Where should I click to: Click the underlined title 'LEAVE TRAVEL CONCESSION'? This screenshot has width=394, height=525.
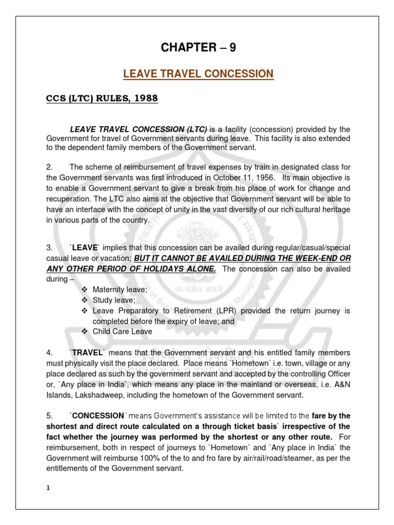(x=199, y=74)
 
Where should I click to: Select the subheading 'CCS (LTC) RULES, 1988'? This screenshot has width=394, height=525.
(x=100, y=98)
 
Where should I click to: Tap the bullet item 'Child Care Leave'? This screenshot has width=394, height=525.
(x=122, y=332)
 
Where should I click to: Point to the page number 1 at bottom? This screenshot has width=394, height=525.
(x=48, y=488)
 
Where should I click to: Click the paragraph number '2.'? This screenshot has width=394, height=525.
(x=49, y=166)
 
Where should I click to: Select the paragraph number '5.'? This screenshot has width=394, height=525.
(x=49, y=416)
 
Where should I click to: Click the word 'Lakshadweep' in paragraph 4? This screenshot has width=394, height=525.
(x=102, y=395)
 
